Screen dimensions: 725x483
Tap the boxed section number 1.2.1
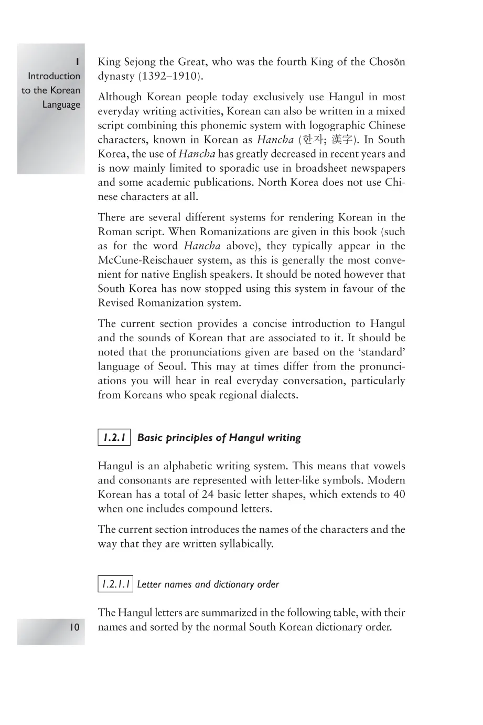point(114,437)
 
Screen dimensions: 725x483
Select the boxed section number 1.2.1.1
point(115,584)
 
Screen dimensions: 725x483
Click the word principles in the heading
point(189,438)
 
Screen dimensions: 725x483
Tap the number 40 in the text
point(399,495)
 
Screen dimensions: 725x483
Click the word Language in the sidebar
point(61,104)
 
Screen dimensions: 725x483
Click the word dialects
point(278,395)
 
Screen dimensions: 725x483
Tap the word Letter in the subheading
point(149,584)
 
